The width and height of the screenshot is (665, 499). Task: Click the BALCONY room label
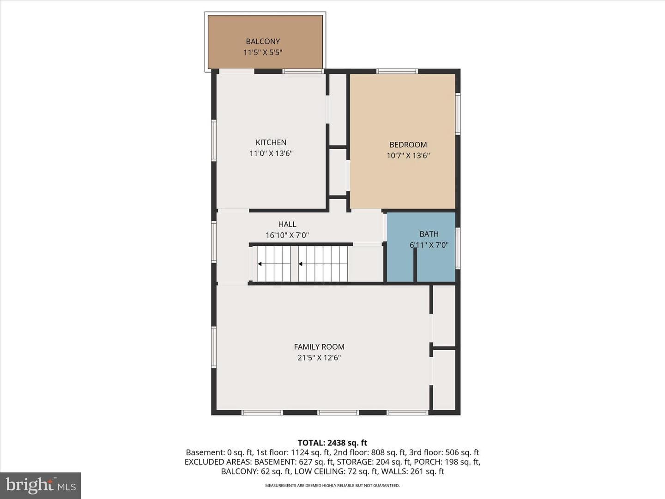(x=263, y=41)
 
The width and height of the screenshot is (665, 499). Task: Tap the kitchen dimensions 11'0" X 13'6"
(x=271, y=153)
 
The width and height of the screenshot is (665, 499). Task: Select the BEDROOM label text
(x=408, y=145)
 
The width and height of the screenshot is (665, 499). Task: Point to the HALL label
(x=287, y=224)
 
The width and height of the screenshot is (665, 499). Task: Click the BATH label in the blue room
(x=429, y=234)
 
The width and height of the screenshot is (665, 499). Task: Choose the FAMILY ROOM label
(x=319, y=347)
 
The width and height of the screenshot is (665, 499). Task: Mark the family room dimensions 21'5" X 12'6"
(x=319, y=358)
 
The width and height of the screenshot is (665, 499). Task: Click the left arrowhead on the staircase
(x=260, y=264)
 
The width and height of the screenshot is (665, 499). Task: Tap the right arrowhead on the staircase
(x=301, y=264)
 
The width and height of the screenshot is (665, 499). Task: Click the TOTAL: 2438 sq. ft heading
(x=332, y=443)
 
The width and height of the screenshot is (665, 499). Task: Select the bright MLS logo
(x=41, y=485)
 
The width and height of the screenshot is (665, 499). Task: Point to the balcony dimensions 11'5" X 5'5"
(x=263, y=52)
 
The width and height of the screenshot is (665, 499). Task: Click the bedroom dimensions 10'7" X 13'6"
(x=408, y=155)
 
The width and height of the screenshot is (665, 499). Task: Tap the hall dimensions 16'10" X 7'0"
(x=287, y=235)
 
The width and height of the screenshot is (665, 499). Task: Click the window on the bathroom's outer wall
(x=458, y=248)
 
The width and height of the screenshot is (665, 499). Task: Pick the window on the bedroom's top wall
(x=397, y=72)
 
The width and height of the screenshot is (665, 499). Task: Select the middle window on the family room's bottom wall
(x=338, y=412)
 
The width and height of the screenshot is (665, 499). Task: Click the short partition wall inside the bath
(x=415, y=264)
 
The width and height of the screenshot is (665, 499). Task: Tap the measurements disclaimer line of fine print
(x=332, y=485)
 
